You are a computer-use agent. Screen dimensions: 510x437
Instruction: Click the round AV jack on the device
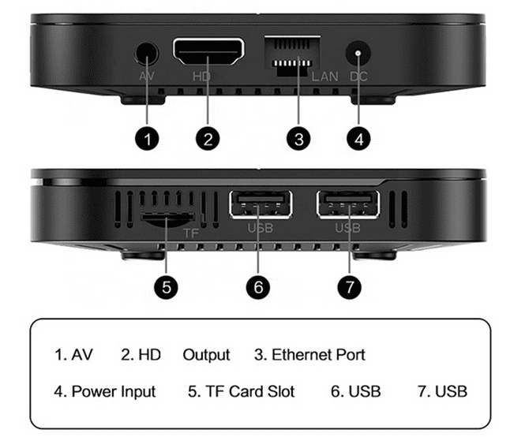[146, 54]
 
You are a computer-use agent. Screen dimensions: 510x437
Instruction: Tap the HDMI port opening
[208, 51]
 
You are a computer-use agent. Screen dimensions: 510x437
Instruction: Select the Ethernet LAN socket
[292, 55]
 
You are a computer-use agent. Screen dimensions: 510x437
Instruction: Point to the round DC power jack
[358, 53]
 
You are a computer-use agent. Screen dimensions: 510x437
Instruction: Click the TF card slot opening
[167, 219]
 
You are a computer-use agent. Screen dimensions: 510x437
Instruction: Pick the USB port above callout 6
[261, 204]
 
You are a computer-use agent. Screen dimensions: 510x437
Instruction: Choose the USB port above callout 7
[348, 204]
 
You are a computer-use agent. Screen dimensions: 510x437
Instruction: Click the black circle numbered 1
[147, 139]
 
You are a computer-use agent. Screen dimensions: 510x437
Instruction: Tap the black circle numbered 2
[208, 139]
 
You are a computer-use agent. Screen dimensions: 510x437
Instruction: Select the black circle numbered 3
[298, 139]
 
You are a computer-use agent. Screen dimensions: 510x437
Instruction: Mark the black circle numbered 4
[358, 139]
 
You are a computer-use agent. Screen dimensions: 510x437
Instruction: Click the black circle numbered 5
[167, 287]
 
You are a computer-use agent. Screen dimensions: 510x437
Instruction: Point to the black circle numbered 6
[258, 287]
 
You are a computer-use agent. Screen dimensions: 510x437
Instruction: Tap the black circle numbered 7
[350, 287]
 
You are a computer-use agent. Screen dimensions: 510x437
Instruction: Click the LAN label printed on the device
[325, 77]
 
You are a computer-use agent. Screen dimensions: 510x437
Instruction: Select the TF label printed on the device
[191, 233]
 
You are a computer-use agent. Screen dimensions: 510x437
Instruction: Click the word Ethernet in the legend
[302, 354]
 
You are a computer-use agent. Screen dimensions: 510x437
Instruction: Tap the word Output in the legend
[207, 355]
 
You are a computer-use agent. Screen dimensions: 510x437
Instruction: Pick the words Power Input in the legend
[114, 391]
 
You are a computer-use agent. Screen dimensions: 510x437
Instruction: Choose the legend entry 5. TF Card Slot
[241, 391]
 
